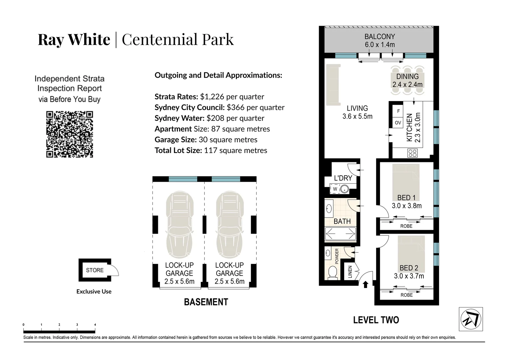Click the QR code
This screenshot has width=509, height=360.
pyautogui.click(x=69, y=134)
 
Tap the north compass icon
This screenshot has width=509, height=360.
pyautogui.click(x=471, y=319)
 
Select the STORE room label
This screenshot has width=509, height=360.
pyautogui.click(x=95, y=270)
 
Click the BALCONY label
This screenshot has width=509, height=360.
pyautogui.click(x=379, y=37)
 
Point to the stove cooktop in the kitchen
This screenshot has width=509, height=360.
pyautogui.click(x=412, y=153)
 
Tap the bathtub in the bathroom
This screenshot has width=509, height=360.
pyautogui.click(x=340, y=234)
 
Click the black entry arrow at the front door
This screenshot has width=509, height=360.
pyautogui.click(x=365, y=284)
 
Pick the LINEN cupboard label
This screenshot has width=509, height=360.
pyautogui.click(x=350, y=272)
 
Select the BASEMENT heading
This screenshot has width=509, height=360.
pyautogui.click(x=206, y=302)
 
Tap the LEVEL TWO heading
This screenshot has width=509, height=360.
pyautogui.click(x=376, y=320)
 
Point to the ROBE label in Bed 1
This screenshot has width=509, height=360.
pyautogui.click(x=406, y=226)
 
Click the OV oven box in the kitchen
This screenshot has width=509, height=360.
pyautogui.click(x=398, y=123)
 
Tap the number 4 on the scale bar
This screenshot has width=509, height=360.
pyautogui.click(x=95, y=325)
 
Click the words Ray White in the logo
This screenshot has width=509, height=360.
pyautogui.click(x=74, y=39)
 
